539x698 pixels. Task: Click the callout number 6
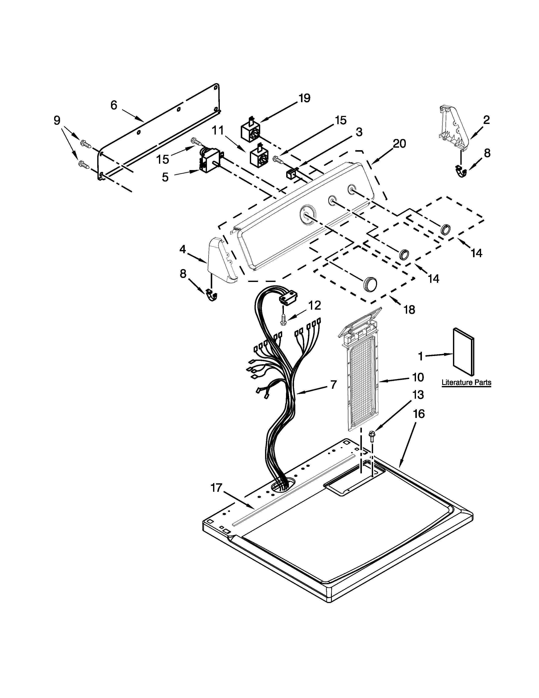(x=114, y=105)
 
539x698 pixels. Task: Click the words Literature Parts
(x=466, y=383)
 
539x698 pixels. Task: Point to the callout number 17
(x=216, y=488)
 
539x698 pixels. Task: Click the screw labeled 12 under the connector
(x=283, y=320)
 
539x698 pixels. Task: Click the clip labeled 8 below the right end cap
(x=461, y=171)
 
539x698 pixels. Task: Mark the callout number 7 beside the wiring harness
(x=333, y=385)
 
